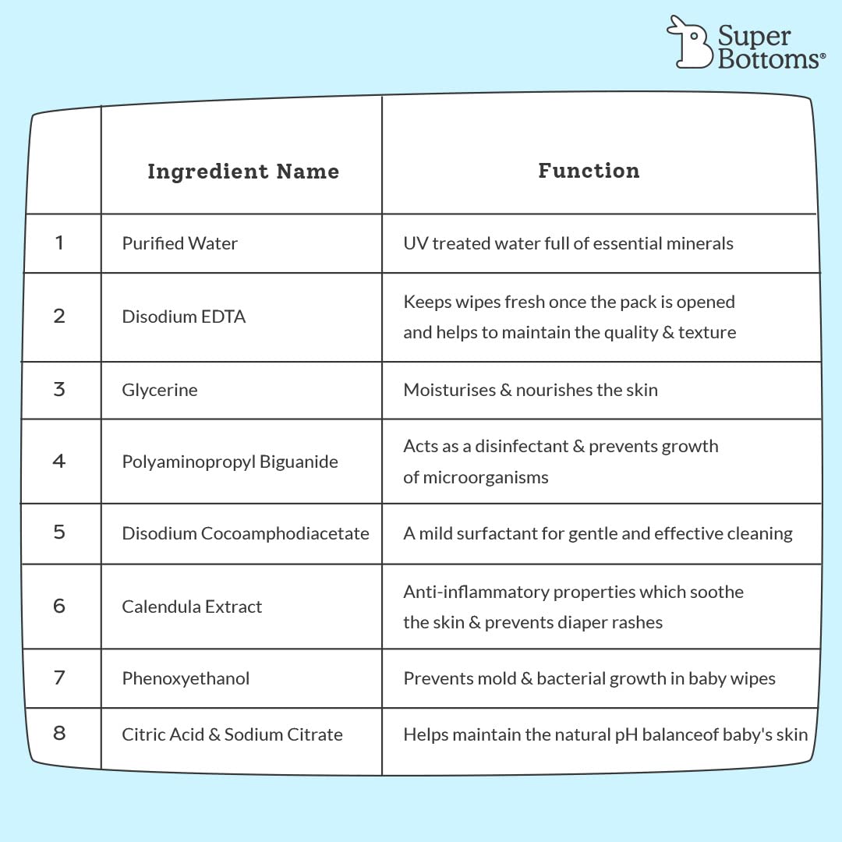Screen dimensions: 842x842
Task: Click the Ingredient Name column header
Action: pyautogui.click(x=243, y=172)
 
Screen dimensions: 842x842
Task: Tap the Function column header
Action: pyautogui.click(x=589, y=170)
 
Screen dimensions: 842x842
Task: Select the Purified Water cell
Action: pyautogui.click(x=179, y=243)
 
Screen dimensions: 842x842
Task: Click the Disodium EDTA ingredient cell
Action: pyautogui.click(x=184, y=317)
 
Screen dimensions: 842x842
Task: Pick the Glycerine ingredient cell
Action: pyautogui.click(x=160, y=390)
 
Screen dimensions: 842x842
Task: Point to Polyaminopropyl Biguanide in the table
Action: pyautogui.click(x=230, y=462)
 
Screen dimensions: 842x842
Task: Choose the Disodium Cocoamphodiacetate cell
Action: pyautogui.click(x=246, y=533)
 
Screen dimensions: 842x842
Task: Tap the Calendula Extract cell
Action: pyautogui.click(x=192, y=607)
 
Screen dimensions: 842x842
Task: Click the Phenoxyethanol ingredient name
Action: pyautogui.click(x=186, y=678)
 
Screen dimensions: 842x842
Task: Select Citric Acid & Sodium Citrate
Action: pyautogui.click(x=232, y=734)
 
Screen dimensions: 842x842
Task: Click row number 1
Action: pyautogui.click(x=59, y=242)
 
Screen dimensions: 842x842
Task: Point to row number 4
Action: pyautogui.click(x=59, y=461)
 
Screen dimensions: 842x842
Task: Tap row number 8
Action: pyautogui.click(x=59, y=733)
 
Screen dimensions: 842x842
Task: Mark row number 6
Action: pyautogui.click(x=59, y=606)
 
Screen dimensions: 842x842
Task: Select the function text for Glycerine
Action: pyautogui.click(x=531, y=390)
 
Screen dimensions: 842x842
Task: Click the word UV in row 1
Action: pyautogui.click(x=416, y=243)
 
